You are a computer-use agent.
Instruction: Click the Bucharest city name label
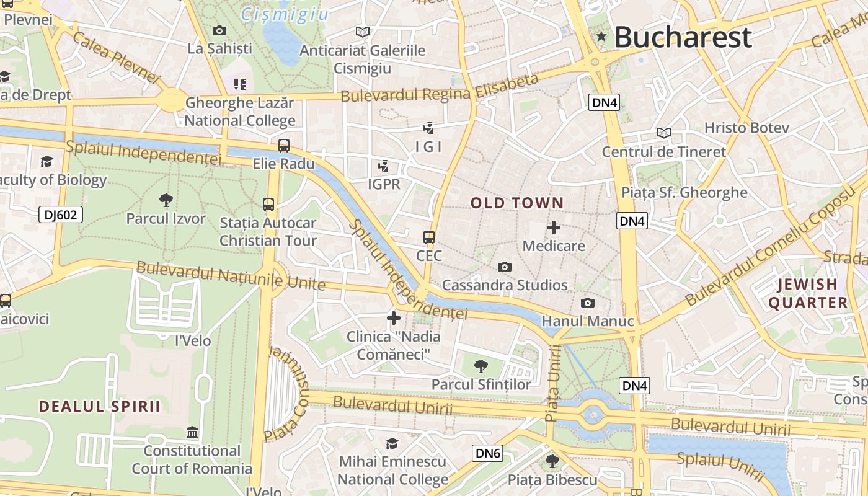[x=683, y=37]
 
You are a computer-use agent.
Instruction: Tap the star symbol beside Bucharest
[x=601, y=37]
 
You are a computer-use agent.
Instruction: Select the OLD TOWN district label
[x=517, y=203]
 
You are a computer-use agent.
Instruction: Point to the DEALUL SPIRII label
[x=100, y=406]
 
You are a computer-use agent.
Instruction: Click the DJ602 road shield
[x=61, y=215]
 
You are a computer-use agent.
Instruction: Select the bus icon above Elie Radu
[x=283, y=146]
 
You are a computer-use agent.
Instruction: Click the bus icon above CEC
[x=429, y=237]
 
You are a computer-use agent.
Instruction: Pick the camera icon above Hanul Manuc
[x=587, y=303]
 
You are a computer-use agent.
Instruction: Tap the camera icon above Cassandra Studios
[x=505, y=267]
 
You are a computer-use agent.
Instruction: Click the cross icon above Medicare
[x=554, y=228]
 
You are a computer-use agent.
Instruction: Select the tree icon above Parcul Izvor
[x=166, y=200]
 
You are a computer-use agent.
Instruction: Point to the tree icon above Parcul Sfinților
[x=480, y=366]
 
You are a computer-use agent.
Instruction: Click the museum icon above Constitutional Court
[x=192, y=432]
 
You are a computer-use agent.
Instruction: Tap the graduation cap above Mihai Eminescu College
[x=392, y=443]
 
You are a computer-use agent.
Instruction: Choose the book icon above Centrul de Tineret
[x=663, y=133]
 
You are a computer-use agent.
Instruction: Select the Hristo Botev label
[x=746, y=128]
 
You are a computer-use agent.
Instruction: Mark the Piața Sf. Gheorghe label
[x=684, y=192]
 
